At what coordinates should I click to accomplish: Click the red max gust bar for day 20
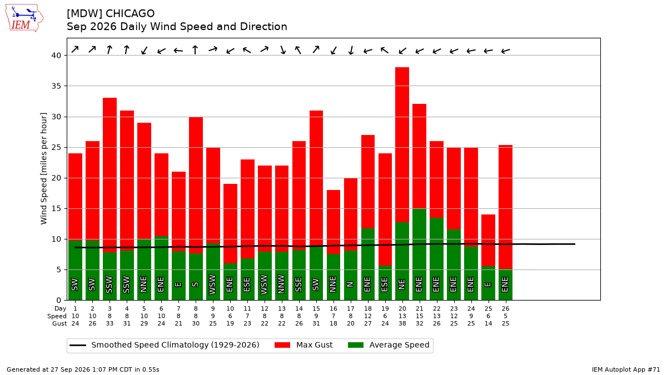click(x=402, y=144)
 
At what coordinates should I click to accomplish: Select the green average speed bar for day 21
click(x=419, y=254)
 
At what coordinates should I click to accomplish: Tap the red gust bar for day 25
click(x=489, y=240)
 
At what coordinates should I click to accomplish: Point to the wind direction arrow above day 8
click(x=195, y=49)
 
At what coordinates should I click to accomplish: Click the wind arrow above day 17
click(x=351, y=51)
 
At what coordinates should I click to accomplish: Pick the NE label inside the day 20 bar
click(x=402, y=284)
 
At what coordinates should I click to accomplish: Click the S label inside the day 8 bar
click(x=195, y=284)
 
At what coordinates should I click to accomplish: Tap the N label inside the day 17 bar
click(x=351, y=284)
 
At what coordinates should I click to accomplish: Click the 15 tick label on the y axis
click(x=56, y=209)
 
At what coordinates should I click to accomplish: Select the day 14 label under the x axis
click(x=299, y=309)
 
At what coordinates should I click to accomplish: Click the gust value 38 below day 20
click(x=402, y=323)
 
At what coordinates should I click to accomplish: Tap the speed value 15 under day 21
click(x=420, y=316)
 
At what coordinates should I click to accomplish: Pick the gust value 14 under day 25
click(x=489, y=323)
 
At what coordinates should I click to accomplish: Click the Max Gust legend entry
click(x=303, y=345)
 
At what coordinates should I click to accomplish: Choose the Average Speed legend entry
click(x=389, y=345)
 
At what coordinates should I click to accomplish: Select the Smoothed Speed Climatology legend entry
click(x=165, y=345)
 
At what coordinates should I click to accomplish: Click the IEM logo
click(x=24, y=18)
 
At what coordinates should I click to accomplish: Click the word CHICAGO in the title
click(x=130, y=13)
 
